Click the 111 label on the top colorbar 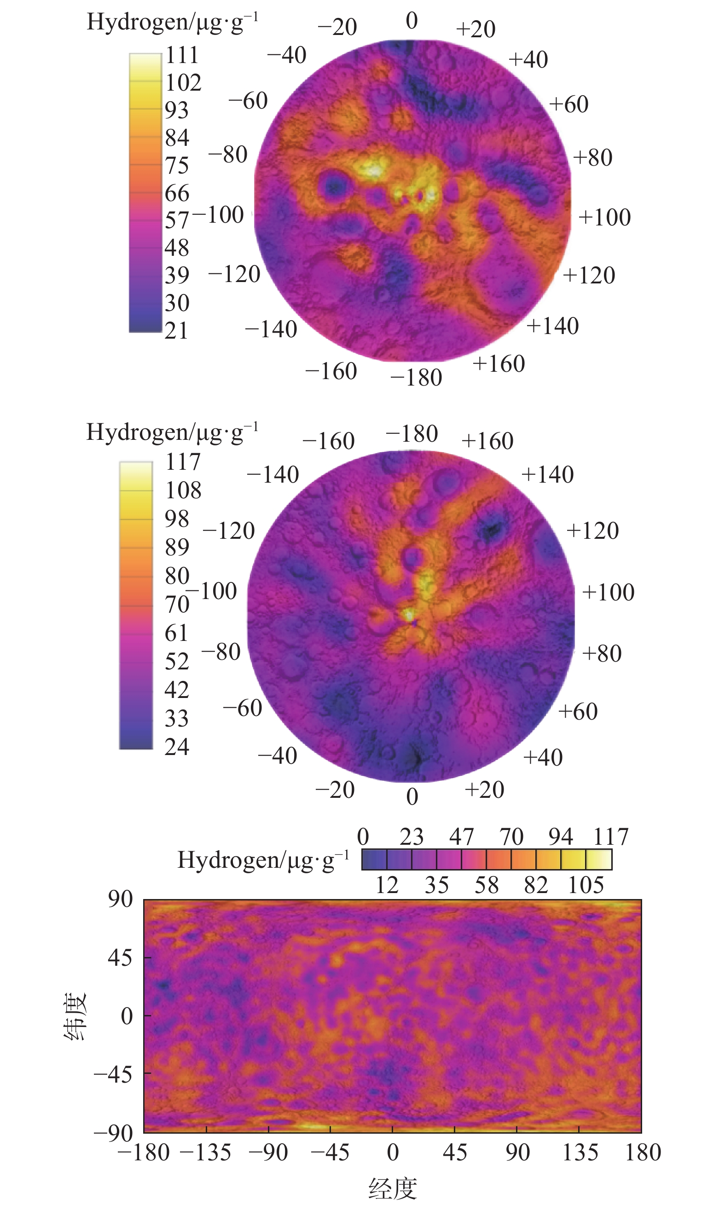[182, 55]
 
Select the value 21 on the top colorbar [176, 330]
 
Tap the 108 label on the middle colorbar [183, 490]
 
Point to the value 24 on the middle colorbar [177, 747]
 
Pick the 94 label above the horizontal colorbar [560, 837]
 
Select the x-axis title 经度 [393, 1188]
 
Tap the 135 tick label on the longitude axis [580, 1152]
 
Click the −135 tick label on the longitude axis [206, 1152]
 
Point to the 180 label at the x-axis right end [643, 1152]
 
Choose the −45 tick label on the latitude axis [113, 1074]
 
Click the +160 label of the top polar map [499, 364]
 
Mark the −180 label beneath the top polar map [416, 377]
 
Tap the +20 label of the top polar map [476, 29]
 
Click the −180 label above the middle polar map [412, 433]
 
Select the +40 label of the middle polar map [543, 757]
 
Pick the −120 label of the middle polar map [229, 531]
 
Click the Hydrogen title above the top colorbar [173, 23]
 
